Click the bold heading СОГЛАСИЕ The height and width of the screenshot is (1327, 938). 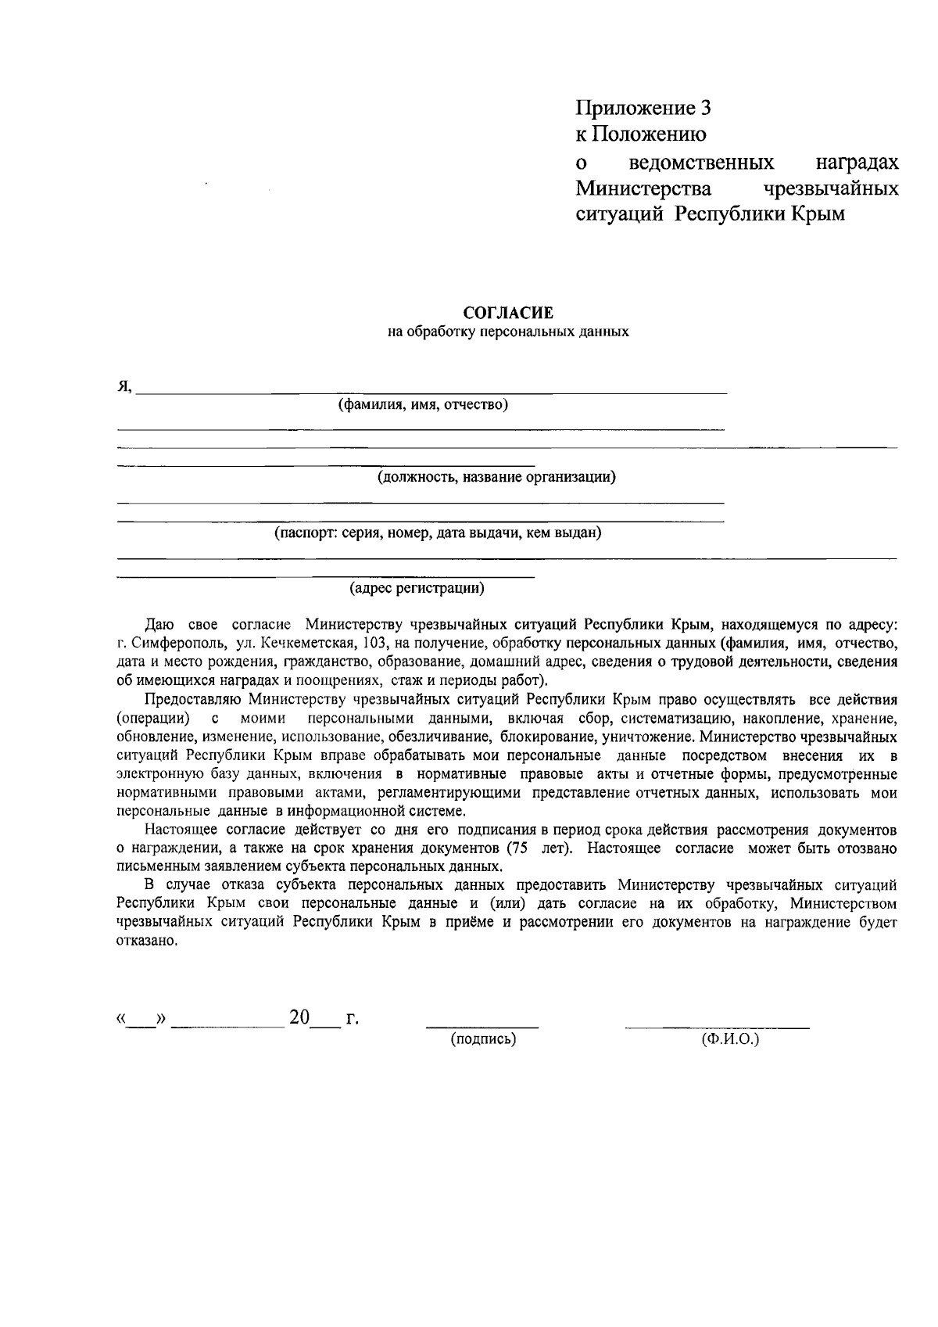point(508,314)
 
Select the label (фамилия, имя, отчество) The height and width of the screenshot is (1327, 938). point(423,404)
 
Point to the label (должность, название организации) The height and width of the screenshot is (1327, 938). point(496,477)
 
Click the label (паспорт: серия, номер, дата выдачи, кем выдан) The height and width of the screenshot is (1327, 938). point(437,533)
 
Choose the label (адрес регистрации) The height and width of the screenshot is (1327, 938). point(417,587)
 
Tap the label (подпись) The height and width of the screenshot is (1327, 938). point(483,1039)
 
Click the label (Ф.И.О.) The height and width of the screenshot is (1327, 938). point(731,1039)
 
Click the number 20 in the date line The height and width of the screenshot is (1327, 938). point(299,1017)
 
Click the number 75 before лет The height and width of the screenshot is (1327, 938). point(516,848)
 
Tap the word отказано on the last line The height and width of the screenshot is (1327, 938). point(141,941)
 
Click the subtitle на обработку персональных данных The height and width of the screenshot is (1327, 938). point(508,332)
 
